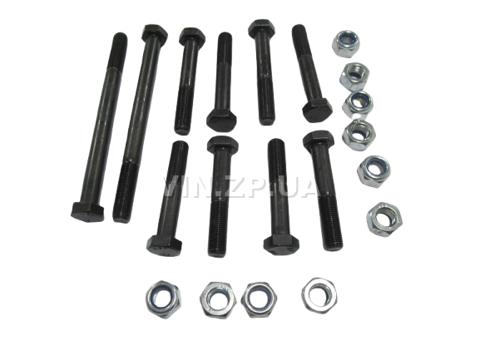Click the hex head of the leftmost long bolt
click(x=87, y=212)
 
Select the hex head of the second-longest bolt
click(x=155, y=32)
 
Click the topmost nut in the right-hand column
click(x=346, y=43)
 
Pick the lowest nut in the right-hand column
click(x=384, y=219)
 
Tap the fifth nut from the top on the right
click(x=374, y=171)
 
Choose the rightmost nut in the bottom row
click(x=319, y=295)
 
